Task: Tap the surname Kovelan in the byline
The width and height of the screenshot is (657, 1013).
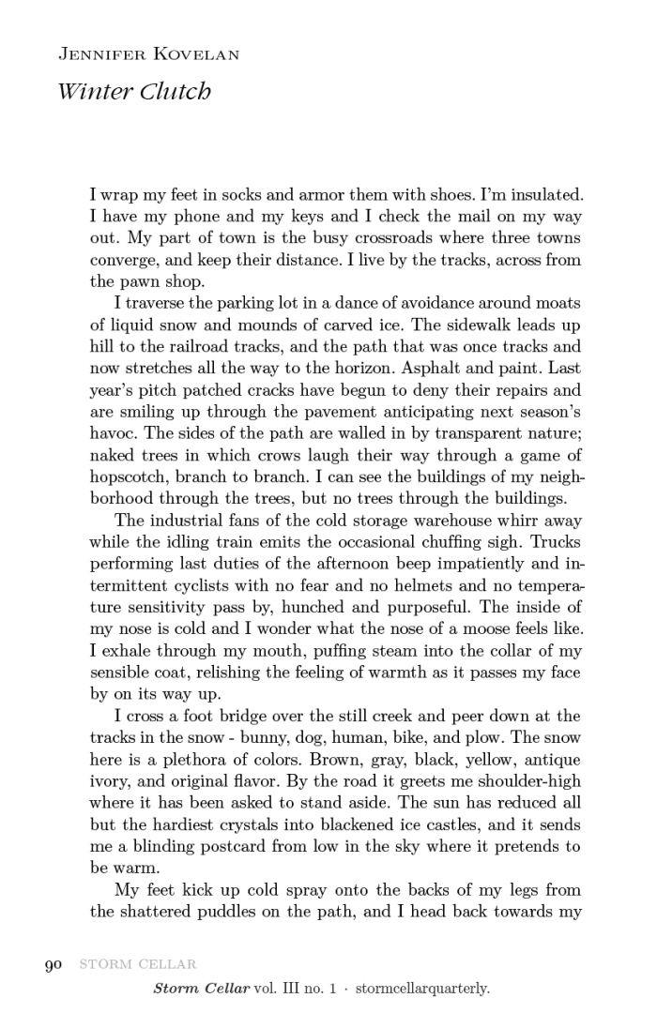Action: pyautogui.click(x=193, y=54)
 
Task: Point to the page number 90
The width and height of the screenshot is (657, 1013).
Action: pyautogui.click(x=53, y=964)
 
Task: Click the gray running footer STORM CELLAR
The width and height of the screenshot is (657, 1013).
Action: pyautogui.click(x=137, y=964)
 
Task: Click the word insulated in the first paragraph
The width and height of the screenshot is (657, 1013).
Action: pyautogui.click(x=546, y=196)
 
